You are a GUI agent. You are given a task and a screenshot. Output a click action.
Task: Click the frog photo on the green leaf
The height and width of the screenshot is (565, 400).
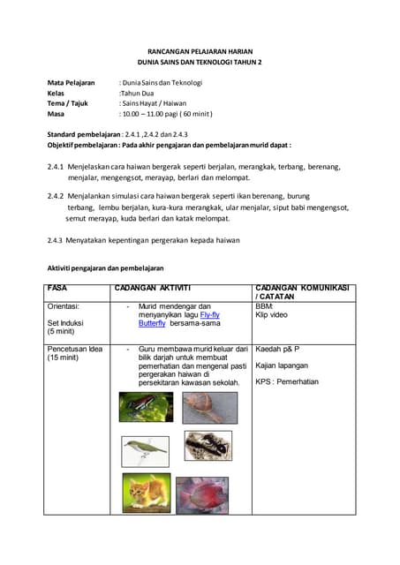pos(146,407)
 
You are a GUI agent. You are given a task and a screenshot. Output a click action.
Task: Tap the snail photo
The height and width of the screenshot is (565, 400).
pos(209,407)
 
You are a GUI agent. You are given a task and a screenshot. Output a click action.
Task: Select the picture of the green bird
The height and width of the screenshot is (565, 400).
pos(146,450)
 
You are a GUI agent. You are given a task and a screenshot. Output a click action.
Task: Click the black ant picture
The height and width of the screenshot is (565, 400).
pos(208,446)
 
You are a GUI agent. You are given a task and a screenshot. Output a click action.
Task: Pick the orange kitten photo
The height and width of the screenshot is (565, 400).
pos(146,493)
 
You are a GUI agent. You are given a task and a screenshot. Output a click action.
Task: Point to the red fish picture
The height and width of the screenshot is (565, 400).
pos(201,494)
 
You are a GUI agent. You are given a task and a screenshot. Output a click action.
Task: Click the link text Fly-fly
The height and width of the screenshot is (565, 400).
pos(210,314)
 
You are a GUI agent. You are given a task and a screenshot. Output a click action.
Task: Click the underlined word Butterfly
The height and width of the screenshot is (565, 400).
pos(152,323)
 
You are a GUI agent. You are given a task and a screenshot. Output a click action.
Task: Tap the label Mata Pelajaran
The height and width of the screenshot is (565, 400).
pos(71,83)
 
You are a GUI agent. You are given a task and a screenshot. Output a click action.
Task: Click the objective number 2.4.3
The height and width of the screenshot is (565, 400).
pos(56,239)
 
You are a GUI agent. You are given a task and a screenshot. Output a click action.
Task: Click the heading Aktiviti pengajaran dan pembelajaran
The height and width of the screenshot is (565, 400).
pos(105,268)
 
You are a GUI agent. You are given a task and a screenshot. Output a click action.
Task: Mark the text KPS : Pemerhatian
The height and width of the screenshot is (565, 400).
pos(287,381)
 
